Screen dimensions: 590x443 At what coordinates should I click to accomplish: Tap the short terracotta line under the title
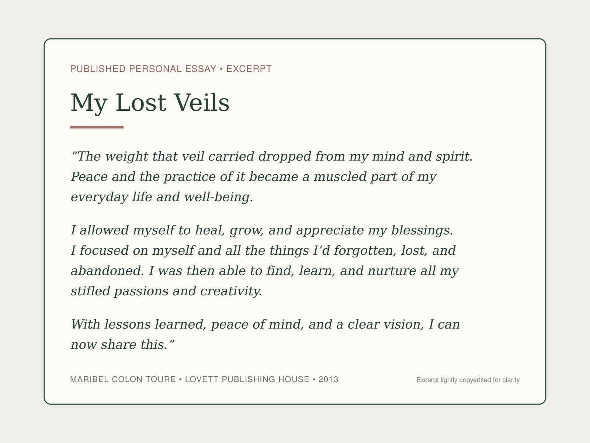tap(97, 127)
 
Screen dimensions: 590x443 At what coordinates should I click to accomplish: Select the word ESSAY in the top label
tap(201, 69)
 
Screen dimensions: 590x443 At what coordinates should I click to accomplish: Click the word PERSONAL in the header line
tap(155, 69)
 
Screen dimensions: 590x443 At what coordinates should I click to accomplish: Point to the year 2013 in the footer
tap(328, 379)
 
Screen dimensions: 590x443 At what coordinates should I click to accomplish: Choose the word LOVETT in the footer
tap(202, 379)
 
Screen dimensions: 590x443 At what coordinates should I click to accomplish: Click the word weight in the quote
tap(126, 157)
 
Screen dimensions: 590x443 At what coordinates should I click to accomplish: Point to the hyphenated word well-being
tap(219, 197)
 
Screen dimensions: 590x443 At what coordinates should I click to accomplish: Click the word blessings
tap(422, 230)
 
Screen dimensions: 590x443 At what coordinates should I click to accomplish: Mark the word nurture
tap(392, 271)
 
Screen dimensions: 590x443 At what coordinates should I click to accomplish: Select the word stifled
tap(90, 291)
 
